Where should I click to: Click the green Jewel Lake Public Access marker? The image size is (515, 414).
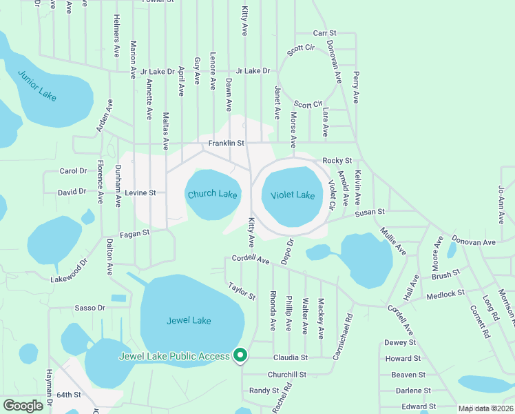coord(240,355)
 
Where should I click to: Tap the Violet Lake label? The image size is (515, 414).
coord(292,195)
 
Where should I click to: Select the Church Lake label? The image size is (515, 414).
coord(212,195)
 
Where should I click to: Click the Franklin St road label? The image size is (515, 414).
coord(227,144)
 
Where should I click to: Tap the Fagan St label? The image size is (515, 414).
coord(134,234)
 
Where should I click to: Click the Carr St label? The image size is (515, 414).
coord(324,33)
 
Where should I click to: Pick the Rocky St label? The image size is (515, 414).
coord(337,161)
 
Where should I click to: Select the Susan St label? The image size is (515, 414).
coord(370,213)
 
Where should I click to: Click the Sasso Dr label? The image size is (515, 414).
coord(90,308)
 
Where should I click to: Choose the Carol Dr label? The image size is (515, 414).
coord(73,171)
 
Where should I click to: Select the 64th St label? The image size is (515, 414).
coord(69,395)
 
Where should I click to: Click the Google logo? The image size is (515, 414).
coord(23,406)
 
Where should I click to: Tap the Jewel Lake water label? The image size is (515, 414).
coord(189,320)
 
